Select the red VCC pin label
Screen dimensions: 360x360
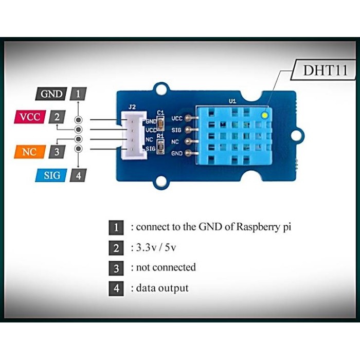30,117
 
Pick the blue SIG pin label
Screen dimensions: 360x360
51,175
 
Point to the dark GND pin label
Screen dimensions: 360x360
51,94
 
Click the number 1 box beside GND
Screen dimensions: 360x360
78,94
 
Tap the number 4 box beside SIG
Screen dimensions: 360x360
78,175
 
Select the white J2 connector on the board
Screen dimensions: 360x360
133,134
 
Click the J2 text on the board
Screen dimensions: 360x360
132,107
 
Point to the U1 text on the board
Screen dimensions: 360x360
232,101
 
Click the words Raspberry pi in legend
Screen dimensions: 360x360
264,226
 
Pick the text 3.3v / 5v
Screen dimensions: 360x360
157,248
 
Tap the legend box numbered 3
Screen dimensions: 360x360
116,268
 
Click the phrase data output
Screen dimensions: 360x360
162,288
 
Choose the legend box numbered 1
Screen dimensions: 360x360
116,227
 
